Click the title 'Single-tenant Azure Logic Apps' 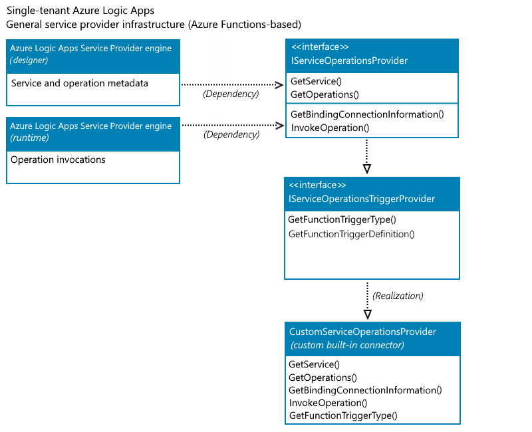point(80,11)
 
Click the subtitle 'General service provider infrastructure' point(97,25)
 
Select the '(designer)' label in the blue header point(29,60)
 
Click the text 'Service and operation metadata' point(79,83)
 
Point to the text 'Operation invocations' point(58,160)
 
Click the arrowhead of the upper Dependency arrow point(281,85)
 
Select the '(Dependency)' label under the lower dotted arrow point(231,134)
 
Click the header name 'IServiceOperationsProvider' point(349,60)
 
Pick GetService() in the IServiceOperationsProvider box point(316,82)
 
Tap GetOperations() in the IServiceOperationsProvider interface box point(325,94)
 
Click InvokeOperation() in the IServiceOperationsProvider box point(330,128)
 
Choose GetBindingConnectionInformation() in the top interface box point(367,114)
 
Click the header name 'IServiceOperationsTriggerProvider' point(362,199)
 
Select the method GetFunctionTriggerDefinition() point(351,234)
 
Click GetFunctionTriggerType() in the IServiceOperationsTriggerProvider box point(342,219)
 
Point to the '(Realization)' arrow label point(398,295)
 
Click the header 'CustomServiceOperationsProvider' point(362,332)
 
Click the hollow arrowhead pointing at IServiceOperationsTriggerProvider point(367,169)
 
